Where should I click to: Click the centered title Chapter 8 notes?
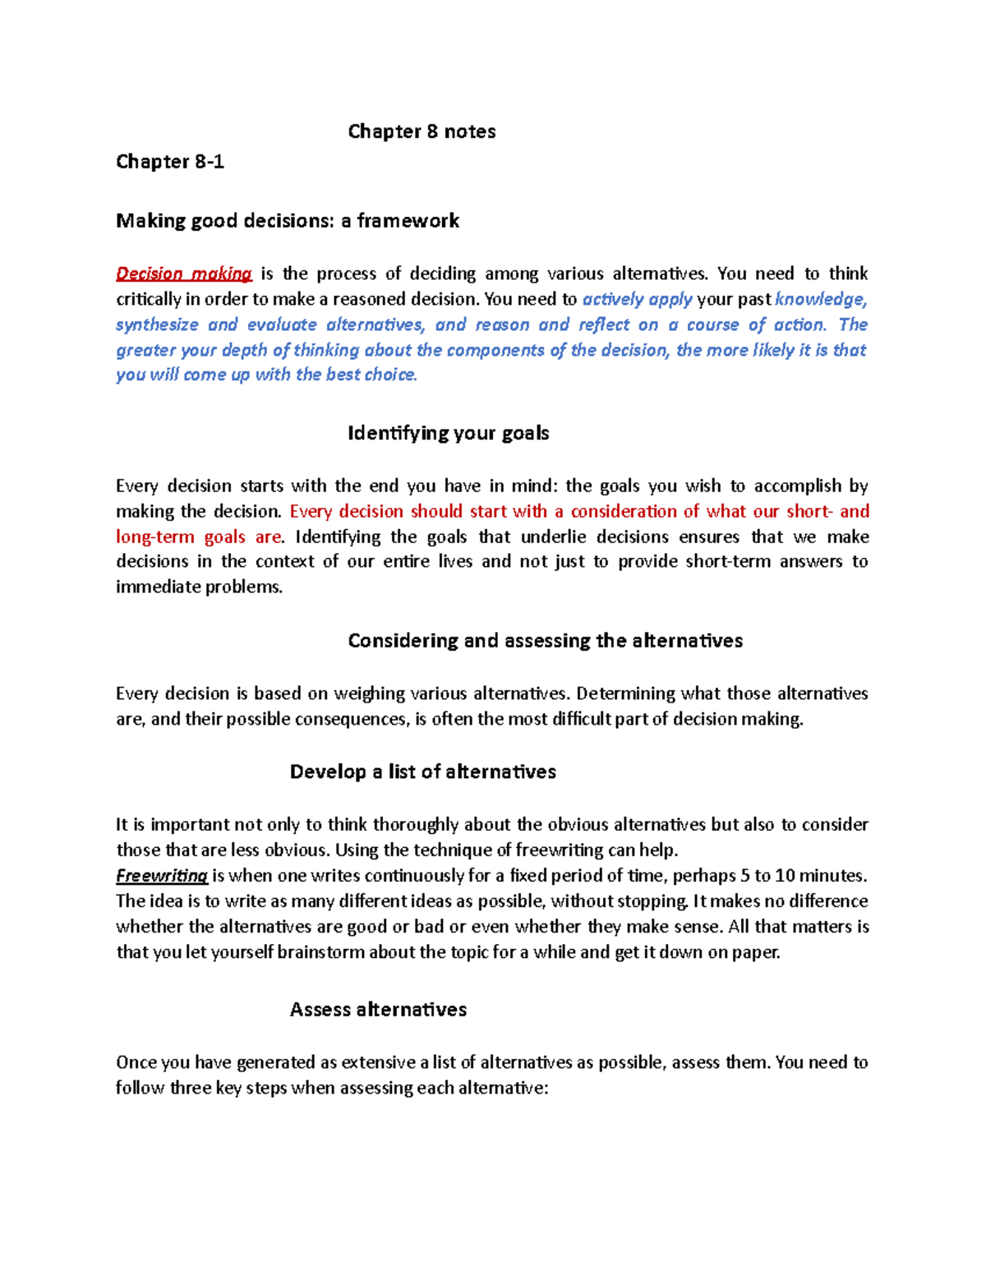(422, 131)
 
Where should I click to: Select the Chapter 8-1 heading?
(170, 161)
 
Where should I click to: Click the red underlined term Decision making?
(184, 274)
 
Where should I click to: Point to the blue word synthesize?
(157, 325)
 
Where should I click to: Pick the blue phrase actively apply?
(637, 299)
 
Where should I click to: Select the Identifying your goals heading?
(448, 433)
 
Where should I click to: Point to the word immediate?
(157, 587)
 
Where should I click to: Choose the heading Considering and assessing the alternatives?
(545, 641)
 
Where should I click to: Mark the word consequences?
(351, 719)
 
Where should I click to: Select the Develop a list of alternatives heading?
(422, 772)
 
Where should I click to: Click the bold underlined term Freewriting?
(162, 876)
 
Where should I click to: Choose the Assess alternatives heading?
(378, 1010)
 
